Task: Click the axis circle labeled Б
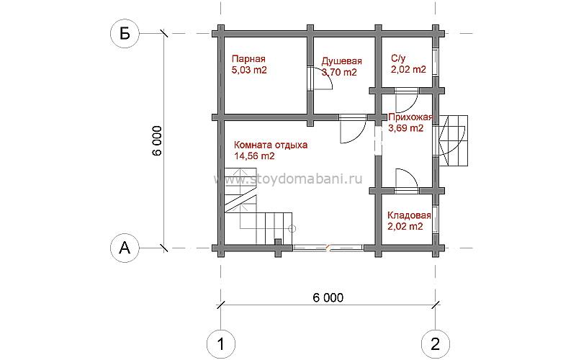tap(125, 34)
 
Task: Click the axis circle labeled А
tap(125, 248)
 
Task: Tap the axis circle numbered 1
tap(221, 344)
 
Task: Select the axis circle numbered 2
tap(436, 344)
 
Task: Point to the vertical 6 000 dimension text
tap(157, 141)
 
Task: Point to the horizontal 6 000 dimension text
tap(328, 297)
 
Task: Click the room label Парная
tap(248, 59)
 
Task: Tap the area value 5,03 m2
tap(249, 70)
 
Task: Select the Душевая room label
tap(341, 61)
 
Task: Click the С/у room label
tap(398, 58)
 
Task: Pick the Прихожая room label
tap(410, 117)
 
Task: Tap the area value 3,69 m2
tap(406, 128)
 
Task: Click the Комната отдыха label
tap(271, 145)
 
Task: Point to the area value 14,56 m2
tap(254, 156)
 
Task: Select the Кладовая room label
tap(409, 215)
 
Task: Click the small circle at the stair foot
tap(292, 229)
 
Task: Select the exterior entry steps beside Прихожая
tap(454, 140)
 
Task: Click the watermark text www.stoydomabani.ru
tap(289, 179)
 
